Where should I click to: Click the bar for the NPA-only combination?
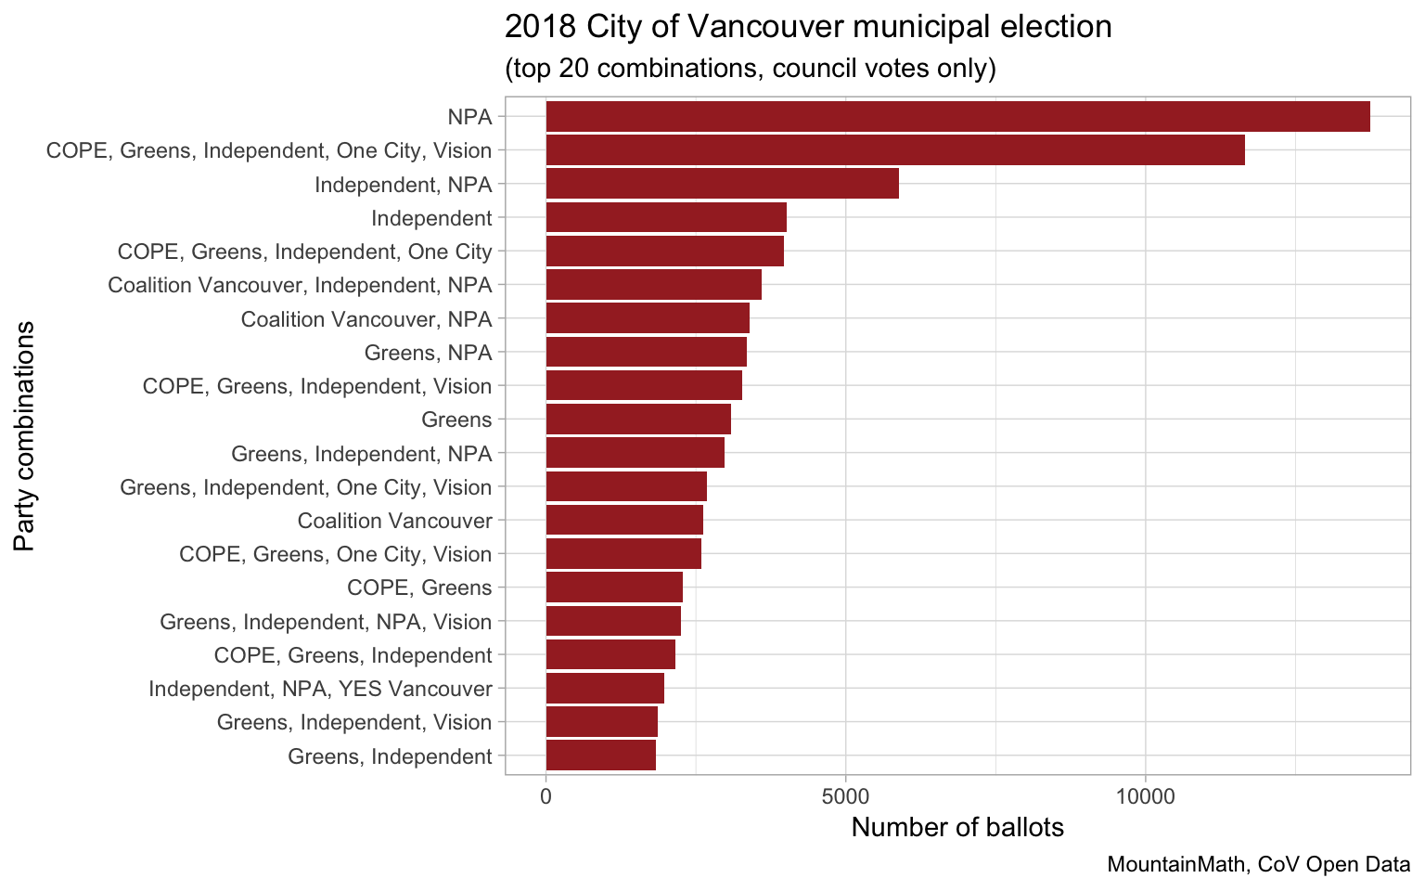957,117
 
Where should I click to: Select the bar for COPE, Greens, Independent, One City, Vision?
895,150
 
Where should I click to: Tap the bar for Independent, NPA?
722,184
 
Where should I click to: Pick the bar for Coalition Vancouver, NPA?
648,318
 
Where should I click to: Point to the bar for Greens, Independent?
601,755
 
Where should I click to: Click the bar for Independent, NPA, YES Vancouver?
605,689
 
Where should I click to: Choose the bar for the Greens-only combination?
638,420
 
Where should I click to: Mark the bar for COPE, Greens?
614,588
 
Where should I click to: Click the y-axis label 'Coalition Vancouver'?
394,521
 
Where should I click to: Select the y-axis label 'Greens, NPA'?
428,353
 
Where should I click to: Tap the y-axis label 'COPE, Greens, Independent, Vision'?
317,386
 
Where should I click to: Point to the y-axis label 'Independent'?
431,218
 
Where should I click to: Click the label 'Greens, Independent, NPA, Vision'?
326,622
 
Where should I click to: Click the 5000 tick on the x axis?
845,795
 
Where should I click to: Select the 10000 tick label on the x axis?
1145,795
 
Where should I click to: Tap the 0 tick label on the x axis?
546,795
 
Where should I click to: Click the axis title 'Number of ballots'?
957,828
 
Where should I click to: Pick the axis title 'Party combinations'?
25,436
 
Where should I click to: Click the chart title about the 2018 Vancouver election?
808,27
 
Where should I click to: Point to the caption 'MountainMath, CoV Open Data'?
1259,865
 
